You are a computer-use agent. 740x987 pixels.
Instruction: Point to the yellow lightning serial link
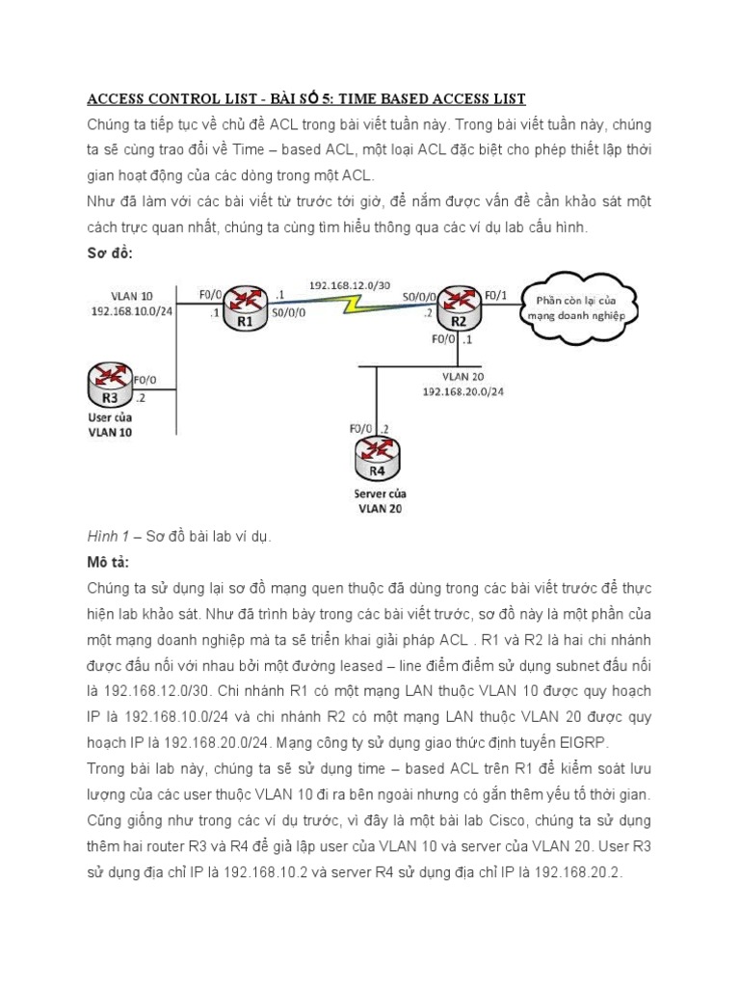352,306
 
